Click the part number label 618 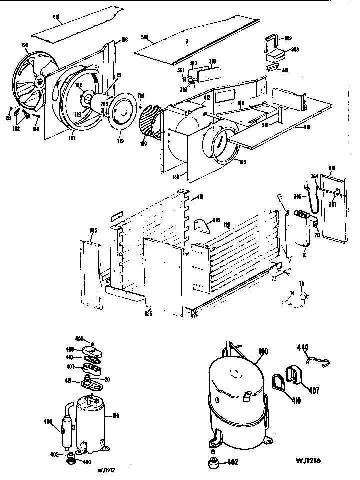pyautogui.click(x=56, y=16)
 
